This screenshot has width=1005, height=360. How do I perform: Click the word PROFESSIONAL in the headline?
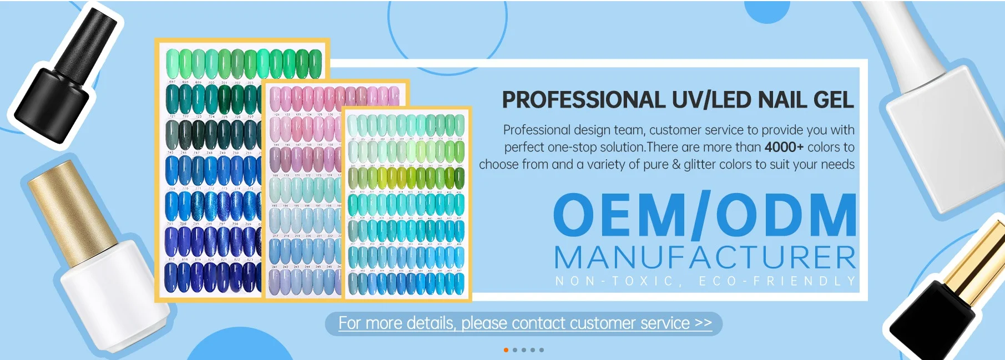point(583,100)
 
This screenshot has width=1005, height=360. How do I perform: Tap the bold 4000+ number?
point(784,148)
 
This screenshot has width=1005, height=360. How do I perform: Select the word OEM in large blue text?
point(619,216)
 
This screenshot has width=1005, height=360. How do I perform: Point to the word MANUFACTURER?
point(705,258)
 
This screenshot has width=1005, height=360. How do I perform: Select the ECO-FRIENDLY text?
point(777,281)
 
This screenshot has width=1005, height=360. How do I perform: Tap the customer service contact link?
point(524,323)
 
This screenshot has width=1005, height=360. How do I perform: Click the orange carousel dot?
point(506,350)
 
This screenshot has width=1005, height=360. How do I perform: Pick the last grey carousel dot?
point(542,350)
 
